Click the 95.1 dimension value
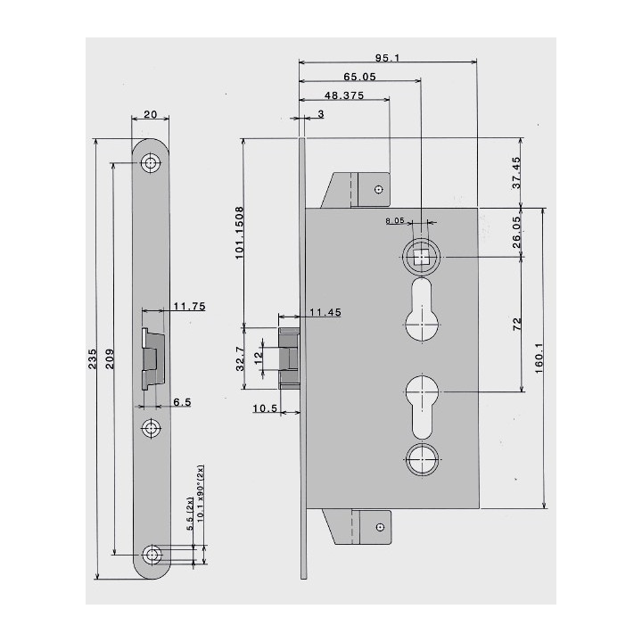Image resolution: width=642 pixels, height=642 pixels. (x=387, y=58)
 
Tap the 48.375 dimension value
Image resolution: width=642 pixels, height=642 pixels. (x=342, y=95)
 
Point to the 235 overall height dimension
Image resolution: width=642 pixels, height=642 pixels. (x=94, y=358)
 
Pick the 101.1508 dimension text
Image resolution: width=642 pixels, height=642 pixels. (x=240, y=232)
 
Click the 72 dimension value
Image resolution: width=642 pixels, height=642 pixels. (x=517, y=325)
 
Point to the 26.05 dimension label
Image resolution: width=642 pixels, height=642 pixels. (x=517, y=233)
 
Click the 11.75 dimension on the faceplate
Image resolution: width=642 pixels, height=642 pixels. (x=189, y=306)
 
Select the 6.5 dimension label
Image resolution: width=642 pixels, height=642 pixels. (x=182, y=403)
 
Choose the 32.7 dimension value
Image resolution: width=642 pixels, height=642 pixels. (x=240, y=358)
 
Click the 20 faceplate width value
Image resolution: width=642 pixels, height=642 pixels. (x=151, y=114)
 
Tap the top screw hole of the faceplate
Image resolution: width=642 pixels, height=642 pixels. (x=152, y=164)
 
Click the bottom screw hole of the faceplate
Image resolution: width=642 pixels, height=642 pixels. (x=155, y=555)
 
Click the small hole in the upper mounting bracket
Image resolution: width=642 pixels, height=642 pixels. (x=379, y=189)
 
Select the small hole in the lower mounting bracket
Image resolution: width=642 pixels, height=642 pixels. (x=379, y=527)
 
